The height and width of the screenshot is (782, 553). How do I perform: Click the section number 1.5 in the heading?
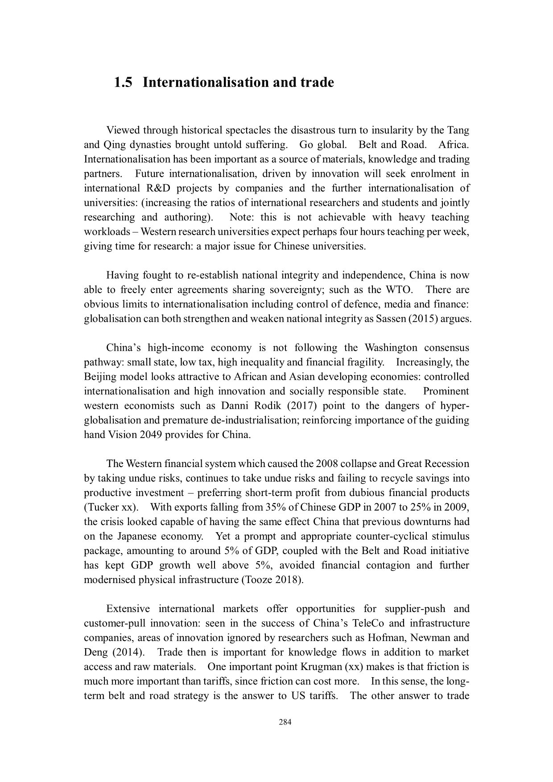point(123,83)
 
